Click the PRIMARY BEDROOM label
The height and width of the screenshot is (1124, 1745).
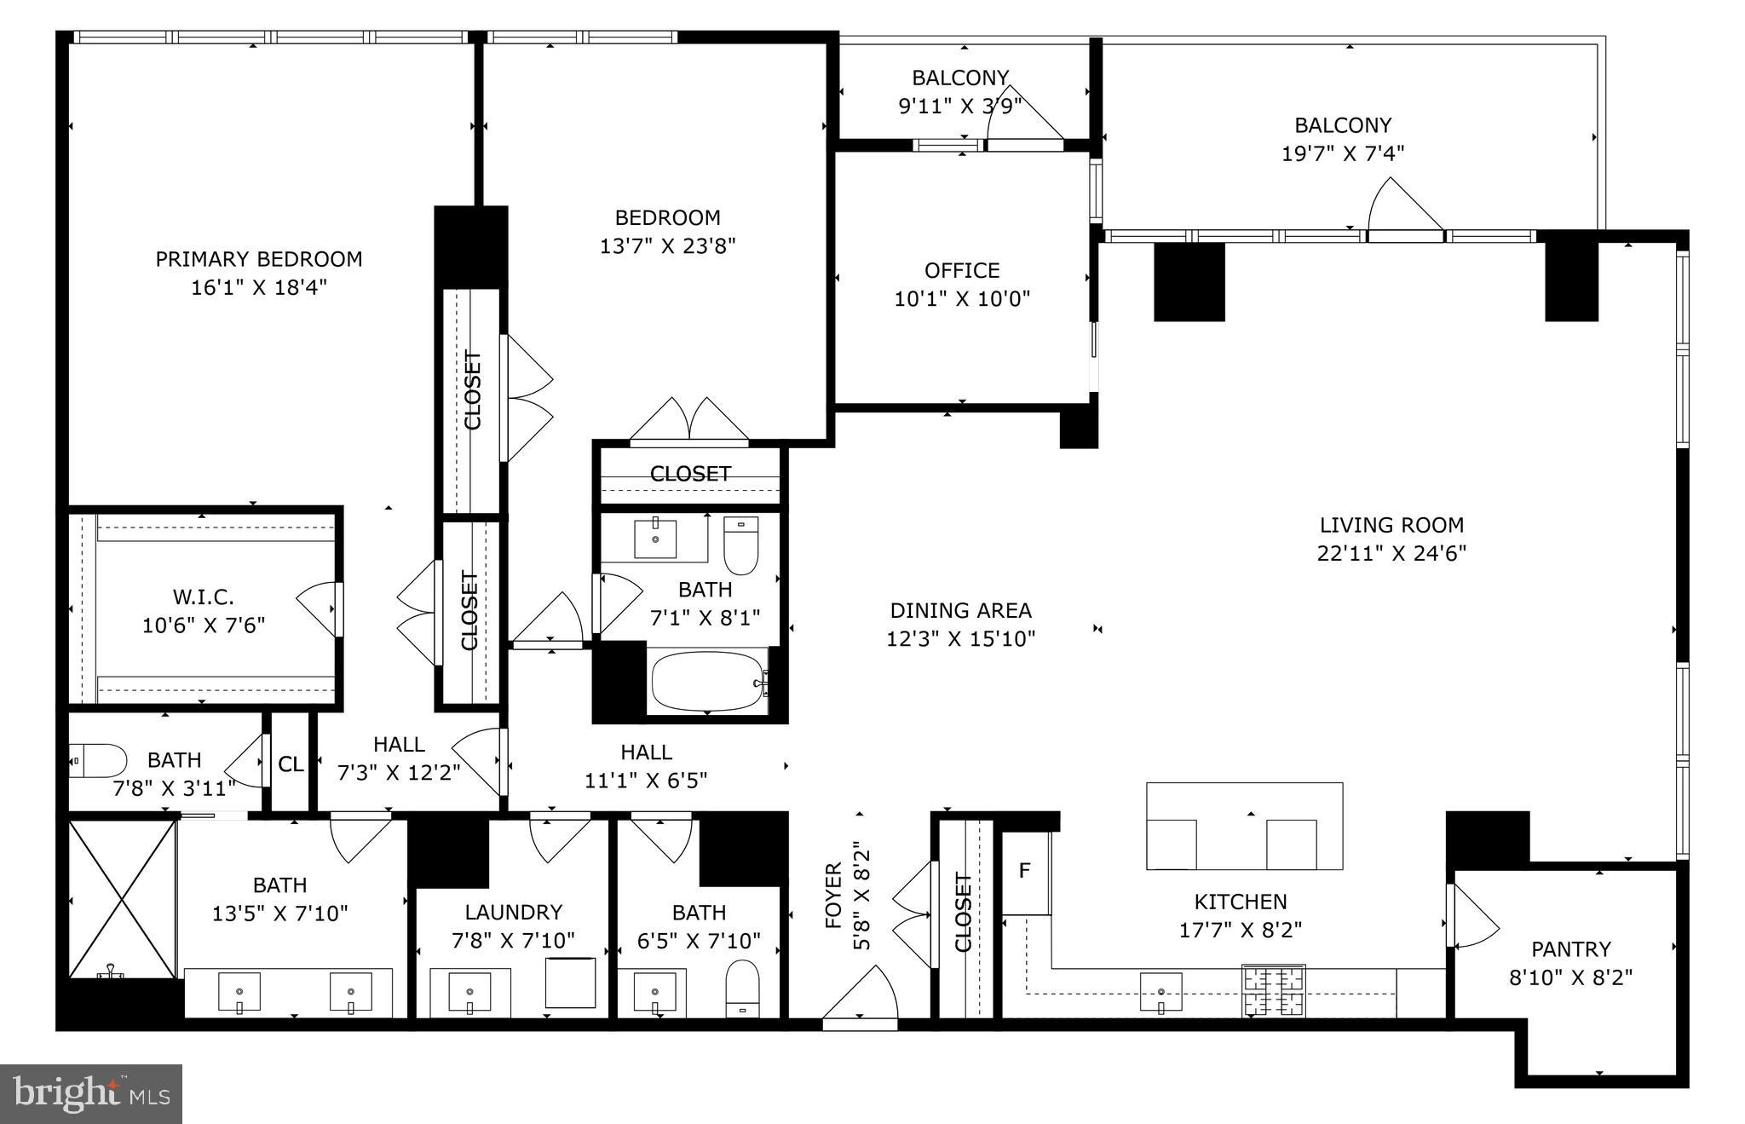(x=258, y=259)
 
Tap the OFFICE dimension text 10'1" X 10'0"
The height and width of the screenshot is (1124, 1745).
(x=962, y=299)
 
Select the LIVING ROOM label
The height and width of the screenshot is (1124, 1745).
(x=1391, y=525)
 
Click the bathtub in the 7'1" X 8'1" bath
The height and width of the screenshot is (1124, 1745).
(x=708, y=681)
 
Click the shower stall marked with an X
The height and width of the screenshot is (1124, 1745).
(x=123, y=899)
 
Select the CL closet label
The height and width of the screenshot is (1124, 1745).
(x=291, y=764)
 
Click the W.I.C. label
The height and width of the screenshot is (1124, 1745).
(x=203, y=597)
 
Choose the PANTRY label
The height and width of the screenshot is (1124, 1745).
(x=1570, y=948)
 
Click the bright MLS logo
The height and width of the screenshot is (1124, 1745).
(x=91, y=1093)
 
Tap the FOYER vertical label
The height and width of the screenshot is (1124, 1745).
(x=833, y=895)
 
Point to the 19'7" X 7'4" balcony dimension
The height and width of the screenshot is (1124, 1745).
(x=1342, y=153)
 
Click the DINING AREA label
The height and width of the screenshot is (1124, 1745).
(x=960, y=610)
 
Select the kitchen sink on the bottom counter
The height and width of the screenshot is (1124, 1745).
(x=1161, y=992)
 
